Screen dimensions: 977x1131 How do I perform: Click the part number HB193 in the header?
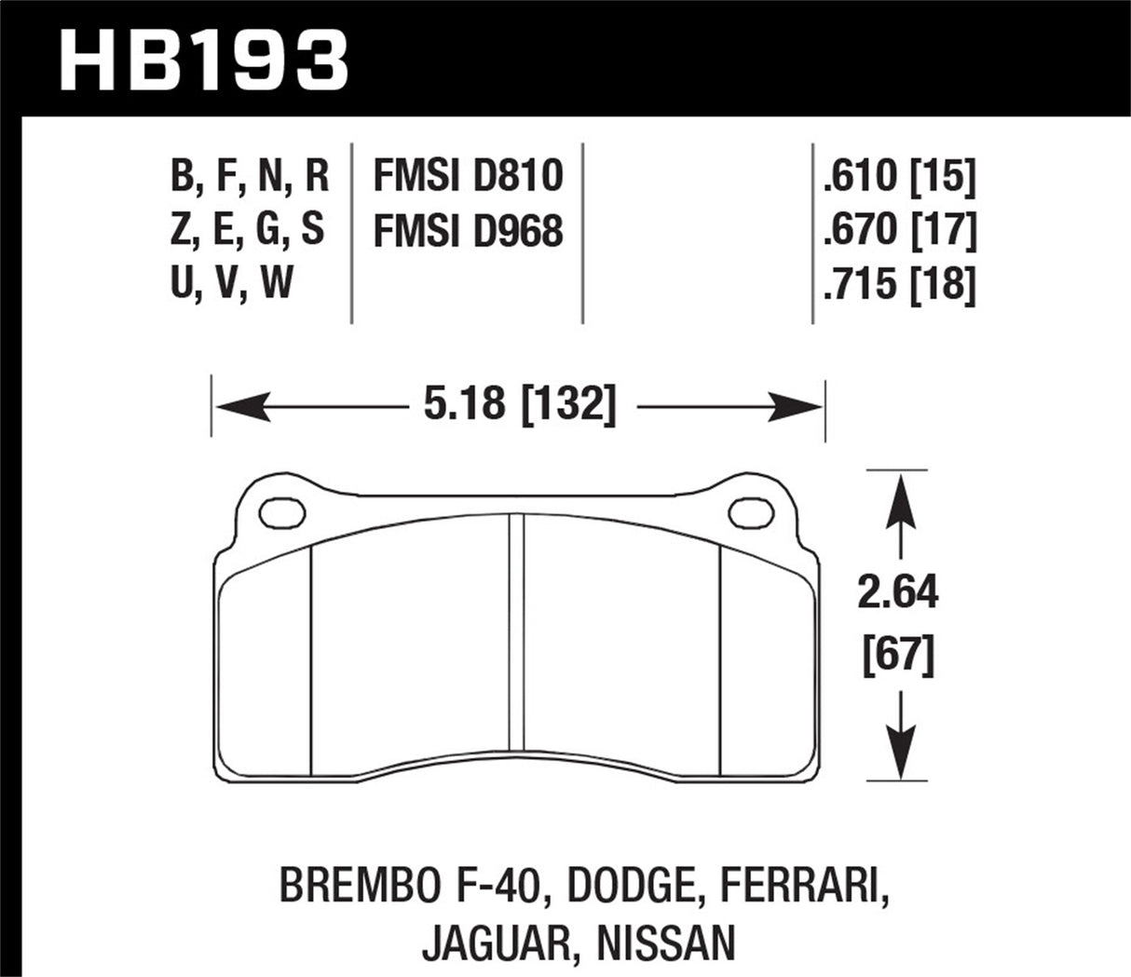tap(203, 61)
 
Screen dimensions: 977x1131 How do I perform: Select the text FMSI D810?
tap(468, 176)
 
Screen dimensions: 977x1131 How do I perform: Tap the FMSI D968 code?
tap(468, 231)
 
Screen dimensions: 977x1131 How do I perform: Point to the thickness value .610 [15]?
tap(899, 176)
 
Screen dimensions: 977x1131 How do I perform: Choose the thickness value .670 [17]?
tap(899, 230)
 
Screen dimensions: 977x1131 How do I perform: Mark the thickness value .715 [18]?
tap(899, 284)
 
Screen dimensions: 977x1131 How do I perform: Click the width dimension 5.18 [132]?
tap(519, 406)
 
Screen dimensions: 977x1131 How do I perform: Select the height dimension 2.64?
tap(898, 592)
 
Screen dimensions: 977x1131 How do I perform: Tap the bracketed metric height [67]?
tap(898, 656)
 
